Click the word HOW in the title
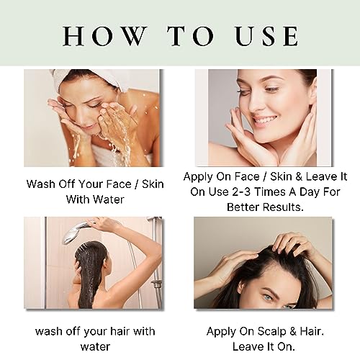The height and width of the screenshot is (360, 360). tap(105, 36)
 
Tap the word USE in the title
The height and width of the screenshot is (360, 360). tap(266, 36)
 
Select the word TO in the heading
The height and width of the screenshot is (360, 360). tap(191, 36)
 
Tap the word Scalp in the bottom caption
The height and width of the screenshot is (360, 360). tap(271, 332)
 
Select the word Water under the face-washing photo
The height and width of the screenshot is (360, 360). tap(109, 199)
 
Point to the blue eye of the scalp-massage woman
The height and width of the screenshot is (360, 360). tap(269, 297)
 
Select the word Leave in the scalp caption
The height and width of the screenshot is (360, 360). tap(246, 346)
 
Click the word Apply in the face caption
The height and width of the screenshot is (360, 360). tap(198, 177)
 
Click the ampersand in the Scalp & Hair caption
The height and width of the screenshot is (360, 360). tap(293, 332)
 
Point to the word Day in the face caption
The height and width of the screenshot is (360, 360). tap(310, 192)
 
